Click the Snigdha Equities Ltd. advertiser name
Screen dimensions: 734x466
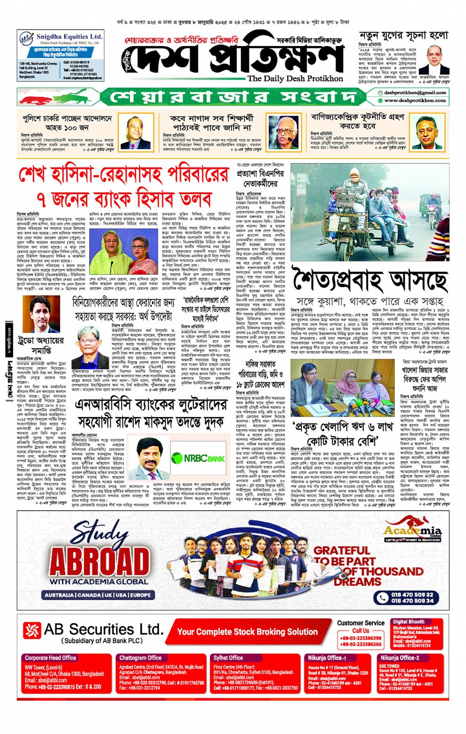point(69,37)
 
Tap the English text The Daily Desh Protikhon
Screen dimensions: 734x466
point(295,78)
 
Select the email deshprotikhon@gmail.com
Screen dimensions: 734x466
point(415,92)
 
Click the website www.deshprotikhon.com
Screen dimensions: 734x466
point(415,100)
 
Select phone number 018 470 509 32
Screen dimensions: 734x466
point(412,595)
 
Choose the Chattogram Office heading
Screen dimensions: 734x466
point(140,658)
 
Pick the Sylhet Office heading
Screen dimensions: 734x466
point(228,658)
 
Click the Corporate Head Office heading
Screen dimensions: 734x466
point(50,658)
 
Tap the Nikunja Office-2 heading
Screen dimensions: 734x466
point(399,658)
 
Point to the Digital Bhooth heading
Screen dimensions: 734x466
point(408,622)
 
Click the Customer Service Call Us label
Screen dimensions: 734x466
point(360,626)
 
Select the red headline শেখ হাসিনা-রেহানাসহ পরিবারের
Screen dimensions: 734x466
point(124,174)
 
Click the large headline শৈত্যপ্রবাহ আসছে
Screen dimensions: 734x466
point(370,280)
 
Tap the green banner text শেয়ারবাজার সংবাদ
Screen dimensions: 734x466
point(232,96)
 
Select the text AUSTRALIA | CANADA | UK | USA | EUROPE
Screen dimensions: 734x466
point(98,595)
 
